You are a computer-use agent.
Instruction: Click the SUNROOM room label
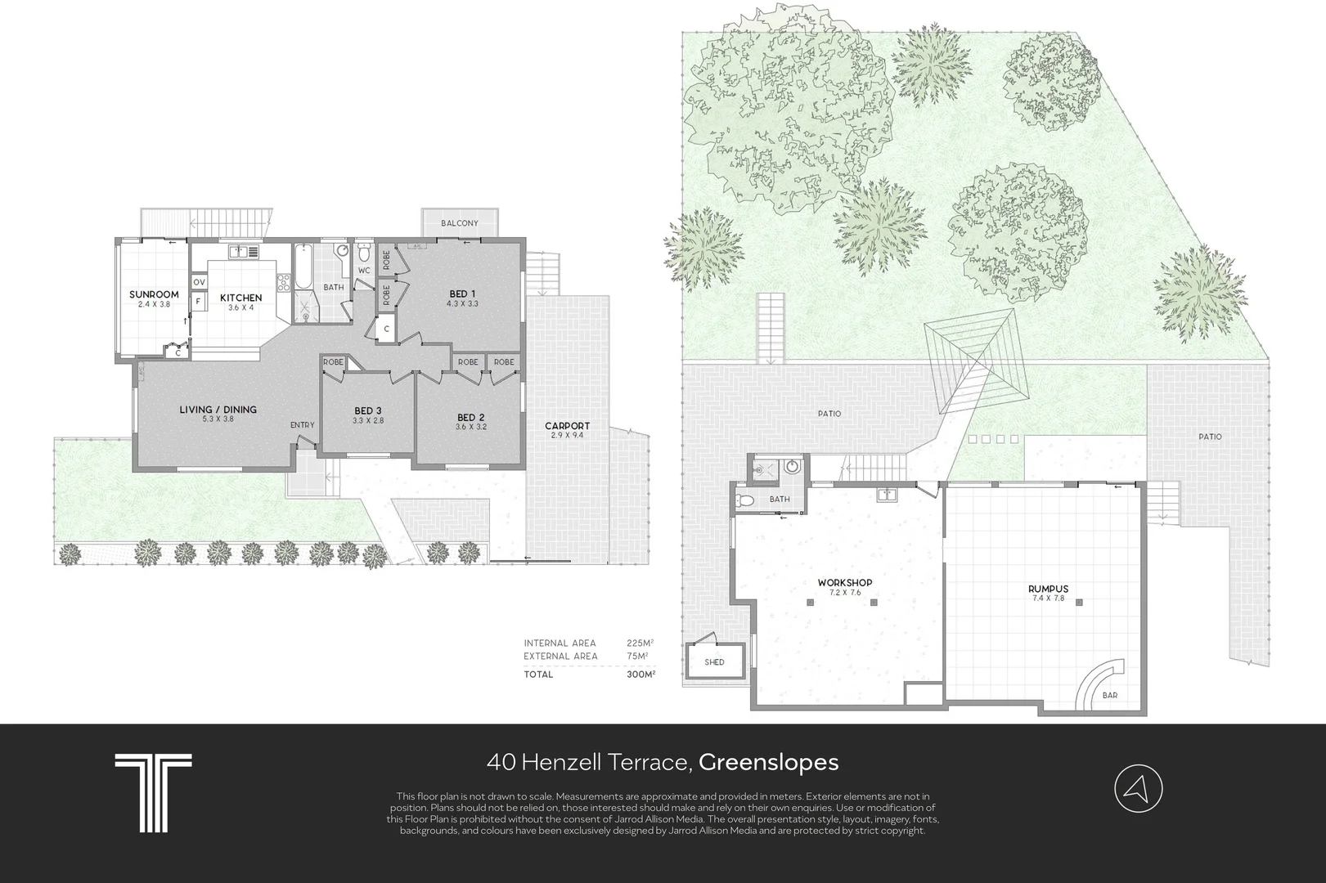point(154,294)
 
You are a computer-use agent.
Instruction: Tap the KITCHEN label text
point(241,298)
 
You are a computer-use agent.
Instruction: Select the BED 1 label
point(462,294)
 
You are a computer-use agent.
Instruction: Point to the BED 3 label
point(367,410)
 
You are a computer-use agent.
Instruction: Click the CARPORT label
point(567,425)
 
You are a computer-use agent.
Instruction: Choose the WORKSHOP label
point(845,583)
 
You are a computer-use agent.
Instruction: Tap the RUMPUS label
point(1048,589)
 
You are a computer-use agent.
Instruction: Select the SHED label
point(714,662)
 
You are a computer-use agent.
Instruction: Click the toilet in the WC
point(364,253)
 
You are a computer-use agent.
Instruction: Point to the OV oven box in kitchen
point(199,282)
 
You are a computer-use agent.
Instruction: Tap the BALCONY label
point(460,223)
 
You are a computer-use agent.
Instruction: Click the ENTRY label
point(303,425)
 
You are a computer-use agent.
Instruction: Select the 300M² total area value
point(641,674)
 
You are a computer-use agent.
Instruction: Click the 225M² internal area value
point(640,643)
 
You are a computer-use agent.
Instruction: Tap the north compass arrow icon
point(1138,789)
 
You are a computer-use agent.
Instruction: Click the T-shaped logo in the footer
point(153,793)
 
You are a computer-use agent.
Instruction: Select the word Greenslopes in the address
point(768,762)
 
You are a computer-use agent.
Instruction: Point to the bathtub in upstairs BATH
point(303,267)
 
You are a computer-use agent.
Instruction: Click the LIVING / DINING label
point(218,410)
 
